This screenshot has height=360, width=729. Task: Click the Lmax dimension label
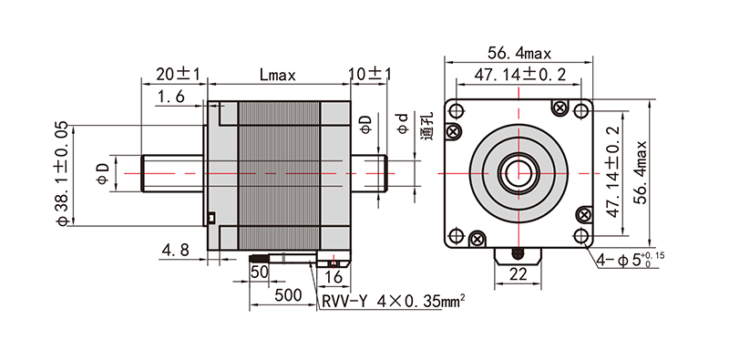pos(278,75)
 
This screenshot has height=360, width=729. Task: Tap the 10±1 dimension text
pos(370,74)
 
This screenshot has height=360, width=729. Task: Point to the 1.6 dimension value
pos(170,97)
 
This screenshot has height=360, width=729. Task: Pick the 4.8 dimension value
pos(175,251)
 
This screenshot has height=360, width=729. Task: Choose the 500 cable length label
pos(288,294)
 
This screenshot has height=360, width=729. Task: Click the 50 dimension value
pos(260,272)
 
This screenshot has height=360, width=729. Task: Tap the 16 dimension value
pos(334,277)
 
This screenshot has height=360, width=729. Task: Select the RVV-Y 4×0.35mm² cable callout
pos(394,302)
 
